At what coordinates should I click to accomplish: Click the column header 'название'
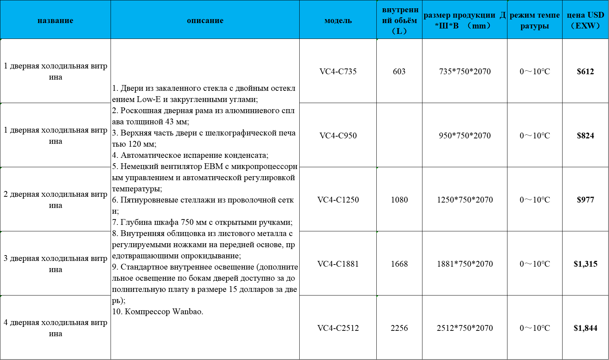55,21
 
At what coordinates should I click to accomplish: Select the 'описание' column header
205,21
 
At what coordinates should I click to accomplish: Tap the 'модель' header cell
338,21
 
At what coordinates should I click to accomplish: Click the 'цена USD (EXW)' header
585,20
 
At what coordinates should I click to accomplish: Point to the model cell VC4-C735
338,71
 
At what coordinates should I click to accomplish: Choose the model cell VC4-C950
338,135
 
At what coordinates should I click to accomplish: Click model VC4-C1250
338,200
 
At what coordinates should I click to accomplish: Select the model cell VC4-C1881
338,264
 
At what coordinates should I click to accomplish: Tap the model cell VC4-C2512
338,328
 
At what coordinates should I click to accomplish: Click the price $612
585,71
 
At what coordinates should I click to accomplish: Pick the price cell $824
585,135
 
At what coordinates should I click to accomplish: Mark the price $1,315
585,264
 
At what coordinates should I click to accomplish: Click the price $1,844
585,328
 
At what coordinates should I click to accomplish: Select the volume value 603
399,71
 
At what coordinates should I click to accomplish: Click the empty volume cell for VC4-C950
399,135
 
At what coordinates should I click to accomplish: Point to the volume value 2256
399,328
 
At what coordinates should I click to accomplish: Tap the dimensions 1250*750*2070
465,200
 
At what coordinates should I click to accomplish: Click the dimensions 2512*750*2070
465,328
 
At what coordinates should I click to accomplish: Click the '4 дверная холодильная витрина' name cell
55,328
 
